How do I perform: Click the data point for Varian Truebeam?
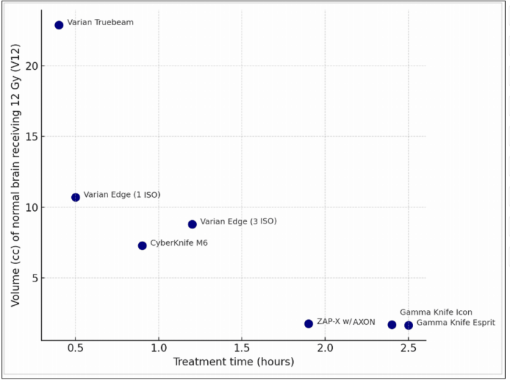(x=59, y=25)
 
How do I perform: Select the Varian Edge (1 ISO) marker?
(x=75, y=197)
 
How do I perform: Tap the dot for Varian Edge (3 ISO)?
(x=192, y=224)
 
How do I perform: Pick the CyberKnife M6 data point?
(x=142, y=245)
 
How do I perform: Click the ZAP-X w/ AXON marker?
(x=308, y=323)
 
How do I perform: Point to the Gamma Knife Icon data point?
(x=392, y=325)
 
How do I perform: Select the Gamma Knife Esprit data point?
(x=408, y=325)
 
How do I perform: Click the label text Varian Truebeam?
(x=100, y=22)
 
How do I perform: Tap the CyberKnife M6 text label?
(x=179, y=243)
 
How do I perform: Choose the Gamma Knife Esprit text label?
(x=456, y=323)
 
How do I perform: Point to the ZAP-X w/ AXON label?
(x=345, y=322)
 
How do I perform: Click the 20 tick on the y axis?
(x=30, y=66)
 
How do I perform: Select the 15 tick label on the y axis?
(x=30, y=136)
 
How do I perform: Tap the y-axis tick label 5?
(x=33, y=278)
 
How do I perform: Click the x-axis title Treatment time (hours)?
(x=233, y=362)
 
